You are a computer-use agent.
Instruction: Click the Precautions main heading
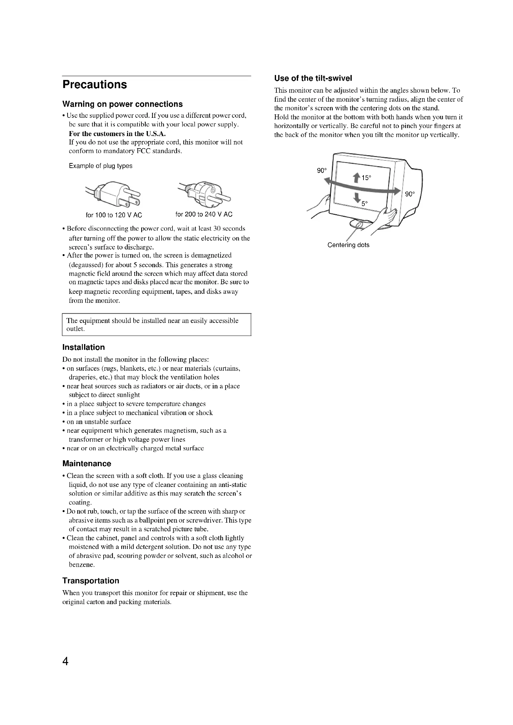95,85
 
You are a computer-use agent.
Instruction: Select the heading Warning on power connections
122,104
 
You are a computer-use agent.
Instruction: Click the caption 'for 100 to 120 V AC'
114,215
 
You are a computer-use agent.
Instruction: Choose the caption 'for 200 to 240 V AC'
204,214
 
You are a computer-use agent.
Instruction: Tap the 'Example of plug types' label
100,166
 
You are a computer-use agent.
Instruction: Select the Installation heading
83,347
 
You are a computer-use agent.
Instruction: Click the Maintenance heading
87,463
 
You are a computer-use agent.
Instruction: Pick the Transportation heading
91,581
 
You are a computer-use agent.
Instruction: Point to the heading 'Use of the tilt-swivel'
313,78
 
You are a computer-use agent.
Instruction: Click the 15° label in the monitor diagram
366,178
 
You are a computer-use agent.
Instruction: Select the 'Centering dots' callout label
348,245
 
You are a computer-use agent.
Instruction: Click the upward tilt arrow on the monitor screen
357,178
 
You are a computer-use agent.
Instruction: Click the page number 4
65,661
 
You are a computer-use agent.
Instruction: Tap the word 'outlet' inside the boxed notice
75,329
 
